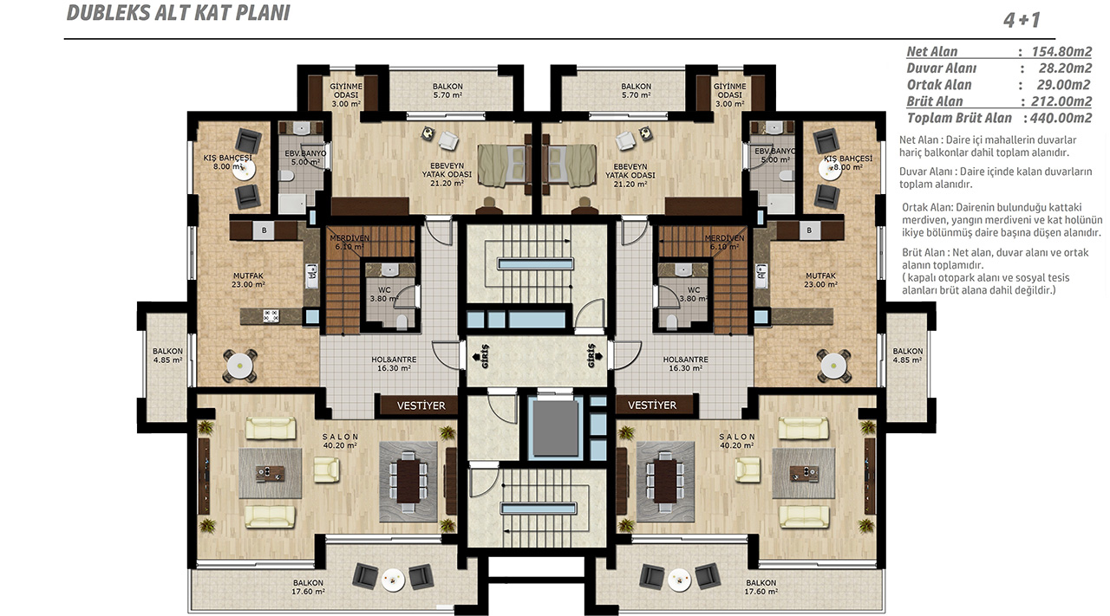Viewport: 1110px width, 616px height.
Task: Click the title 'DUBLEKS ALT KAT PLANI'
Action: (179, 13)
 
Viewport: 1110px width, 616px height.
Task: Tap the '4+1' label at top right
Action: (1022, 20)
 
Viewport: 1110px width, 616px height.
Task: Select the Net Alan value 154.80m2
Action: (1061, 51)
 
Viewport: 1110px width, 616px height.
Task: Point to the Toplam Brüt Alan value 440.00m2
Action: (1061, 118)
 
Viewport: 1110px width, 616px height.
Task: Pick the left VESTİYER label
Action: (421, 405)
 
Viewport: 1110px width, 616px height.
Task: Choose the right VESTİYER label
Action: (652, 405)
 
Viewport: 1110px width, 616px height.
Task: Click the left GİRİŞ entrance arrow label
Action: (481, 356)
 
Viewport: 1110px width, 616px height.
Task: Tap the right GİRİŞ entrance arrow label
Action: (594, 356)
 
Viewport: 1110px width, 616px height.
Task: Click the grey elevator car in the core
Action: (555, 428)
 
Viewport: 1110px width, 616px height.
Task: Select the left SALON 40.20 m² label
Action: (340, 441)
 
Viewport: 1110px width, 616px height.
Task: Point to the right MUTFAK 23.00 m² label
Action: (820, 280)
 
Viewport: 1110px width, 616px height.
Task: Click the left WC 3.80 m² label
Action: (384, 294)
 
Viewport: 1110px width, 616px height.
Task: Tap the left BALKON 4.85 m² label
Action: (167, 355)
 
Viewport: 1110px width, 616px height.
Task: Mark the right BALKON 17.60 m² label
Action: (761, 587)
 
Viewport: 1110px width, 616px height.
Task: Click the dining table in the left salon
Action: (408, 481)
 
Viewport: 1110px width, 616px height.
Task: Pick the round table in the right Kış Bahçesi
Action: (830, 170)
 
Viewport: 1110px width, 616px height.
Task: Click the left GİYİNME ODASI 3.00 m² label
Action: (346, 94)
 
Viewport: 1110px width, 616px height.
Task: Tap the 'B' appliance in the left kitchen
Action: (264, 230)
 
